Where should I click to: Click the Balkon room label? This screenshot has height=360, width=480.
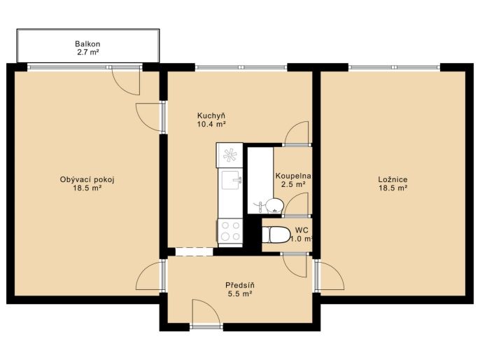[x=87, y=44]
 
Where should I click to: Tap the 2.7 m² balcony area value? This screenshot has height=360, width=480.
[x=88, y=52]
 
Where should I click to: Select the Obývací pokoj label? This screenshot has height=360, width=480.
[x=87, y=180]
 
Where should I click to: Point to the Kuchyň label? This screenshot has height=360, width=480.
[x=211, y=116]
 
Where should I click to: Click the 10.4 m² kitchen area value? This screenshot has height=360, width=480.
[x=211, y=124]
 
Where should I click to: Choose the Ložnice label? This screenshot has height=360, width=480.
[x=393, y=179]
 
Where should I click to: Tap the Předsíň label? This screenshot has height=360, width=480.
[x=240, y=286]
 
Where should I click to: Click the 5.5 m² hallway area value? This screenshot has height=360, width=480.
[x=240, y=294]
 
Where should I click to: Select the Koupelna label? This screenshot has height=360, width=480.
[x=293, y=176]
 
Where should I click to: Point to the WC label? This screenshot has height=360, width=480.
[x=302, y=230]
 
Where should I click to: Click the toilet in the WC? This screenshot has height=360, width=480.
[x=276, y=235]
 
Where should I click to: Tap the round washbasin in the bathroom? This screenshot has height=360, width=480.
[x=274, y=206]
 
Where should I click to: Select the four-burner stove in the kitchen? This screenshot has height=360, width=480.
[x=230, y=232]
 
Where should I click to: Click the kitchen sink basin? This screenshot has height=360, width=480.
[x=232, y=180]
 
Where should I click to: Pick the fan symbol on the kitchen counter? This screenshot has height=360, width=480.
[x=230, y=155]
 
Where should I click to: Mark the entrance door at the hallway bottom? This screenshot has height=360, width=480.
[x=206, y=312]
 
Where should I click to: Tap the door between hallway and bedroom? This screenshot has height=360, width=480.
[x=330, y=275]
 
